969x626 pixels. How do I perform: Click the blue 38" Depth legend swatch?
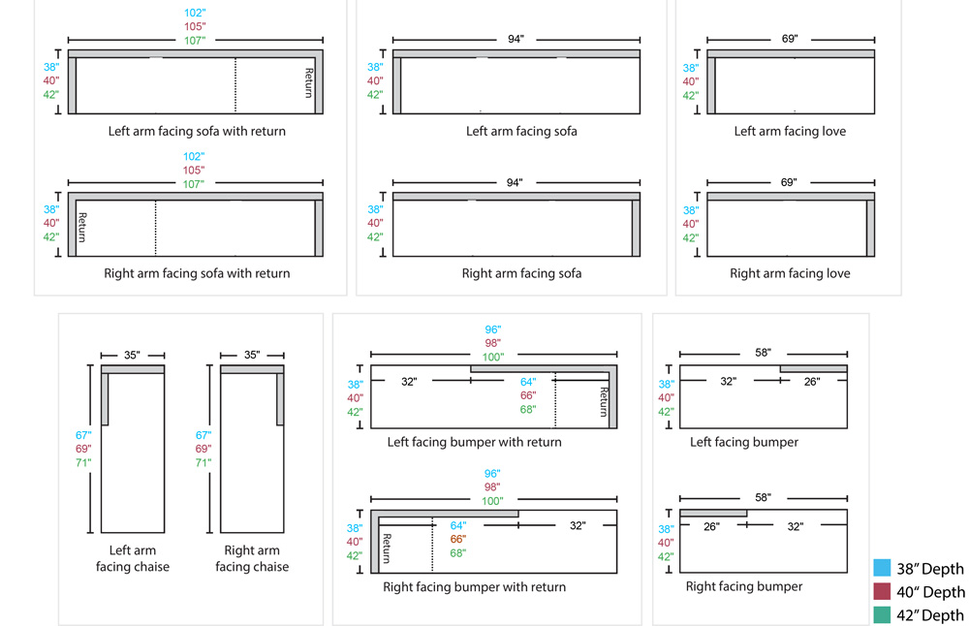pos(881,568)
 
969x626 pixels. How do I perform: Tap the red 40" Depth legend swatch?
pos(881,591)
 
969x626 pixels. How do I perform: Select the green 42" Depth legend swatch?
pos(881,614)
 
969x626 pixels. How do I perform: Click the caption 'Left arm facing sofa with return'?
pos(198,131)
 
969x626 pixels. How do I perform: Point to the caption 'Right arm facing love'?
pos(790,273)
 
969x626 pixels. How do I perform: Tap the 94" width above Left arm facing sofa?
pos(516,39)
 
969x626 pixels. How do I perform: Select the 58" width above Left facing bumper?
pos(764,353)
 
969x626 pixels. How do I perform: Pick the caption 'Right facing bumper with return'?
pos(475,586)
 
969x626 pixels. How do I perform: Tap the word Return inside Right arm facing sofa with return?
pos(82,227)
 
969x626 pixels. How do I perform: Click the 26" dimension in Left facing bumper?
pos(812,382)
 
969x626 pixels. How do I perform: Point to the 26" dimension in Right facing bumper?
pos(711,527)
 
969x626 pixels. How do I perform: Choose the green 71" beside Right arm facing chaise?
pos(203,463)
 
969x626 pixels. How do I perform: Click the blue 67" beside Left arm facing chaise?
pos(82,436)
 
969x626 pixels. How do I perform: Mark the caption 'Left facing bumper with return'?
pos(475,442)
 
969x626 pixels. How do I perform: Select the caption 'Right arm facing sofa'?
pos(521,273)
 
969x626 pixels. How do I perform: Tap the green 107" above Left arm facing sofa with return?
pos(195,41)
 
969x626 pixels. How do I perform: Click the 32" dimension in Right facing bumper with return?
pos(578,526)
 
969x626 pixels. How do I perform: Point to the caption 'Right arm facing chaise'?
pos(252,558)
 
